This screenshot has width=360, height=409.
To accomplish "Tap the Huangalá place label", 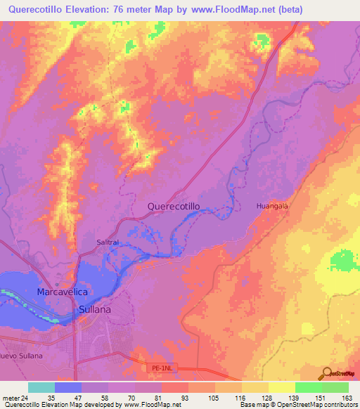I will click(272, 205).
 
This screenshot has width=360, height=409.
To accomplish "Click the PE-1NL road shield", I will click(160, 366).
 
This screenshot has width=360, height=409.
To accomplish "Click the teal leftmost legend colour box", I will click(41, 387).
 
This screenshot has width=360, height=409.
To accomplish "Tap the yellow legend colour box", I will click(282, 387).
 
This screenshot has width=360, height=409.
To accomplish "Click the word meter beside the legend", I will click(11, 397).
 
